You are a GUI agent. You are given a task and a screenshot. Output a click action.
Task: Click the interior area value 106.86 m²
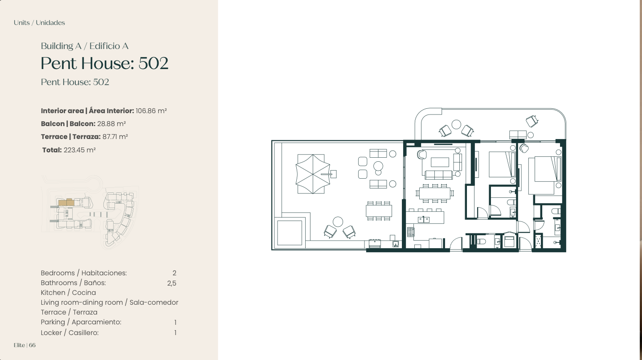(151, 110)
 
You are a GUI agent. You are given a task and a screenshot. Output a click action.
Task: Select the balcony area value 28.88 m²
(111, 123)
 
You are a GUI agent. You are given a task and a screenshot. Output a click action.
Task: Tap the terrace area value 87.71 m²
(115, 136)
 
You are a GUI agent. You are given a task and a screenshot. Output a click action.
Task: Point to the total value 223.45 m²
(79, 150)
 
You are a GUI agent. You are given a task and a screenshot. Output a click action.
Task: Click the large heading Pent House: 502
(105, 63)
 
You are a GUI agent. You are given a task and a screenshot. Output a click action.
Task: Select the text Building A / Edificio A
(85, 46)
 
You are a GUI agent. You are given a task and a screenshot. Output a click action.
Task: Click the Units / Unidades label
(39, 23)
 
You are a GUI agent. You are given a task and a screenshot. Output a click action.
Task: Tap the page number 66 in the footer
(32, 345)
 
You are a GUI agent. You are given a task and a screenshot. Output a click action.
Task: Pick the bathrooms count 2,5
(172, 283)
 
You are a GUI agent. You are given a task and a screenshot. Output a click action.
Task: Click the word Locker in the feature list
(51, 332)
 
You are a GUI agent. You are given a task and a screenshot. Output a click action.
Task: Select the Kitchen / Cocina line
(68, 292)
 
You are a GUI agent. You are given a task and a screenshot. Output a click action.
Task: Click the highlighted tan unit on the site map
(66, 202)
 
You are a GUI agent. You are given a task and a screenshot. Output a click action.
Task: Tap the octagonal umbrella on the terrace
(313, 174)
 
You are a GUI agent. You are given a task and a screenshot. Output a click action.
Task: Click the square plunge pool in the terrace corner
(290, 233)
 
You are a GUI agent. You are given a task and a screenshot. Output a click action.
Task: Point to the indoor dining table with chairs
(434, 193)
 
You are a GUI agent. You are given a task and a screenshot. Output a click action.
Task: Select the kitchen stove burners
(410, 232)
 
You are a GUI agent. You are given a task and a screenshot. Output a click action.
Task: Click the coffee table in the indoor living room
(440, 162)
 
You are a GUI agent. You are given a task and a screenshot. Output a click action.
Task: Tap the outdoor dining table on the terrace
(379, 211)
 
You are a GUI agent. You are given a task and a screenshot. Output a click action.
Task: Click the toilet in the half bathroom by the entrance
(481, 241)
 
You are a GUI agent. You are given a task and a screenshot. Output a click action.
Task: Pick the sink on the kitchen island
(423, 220)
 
